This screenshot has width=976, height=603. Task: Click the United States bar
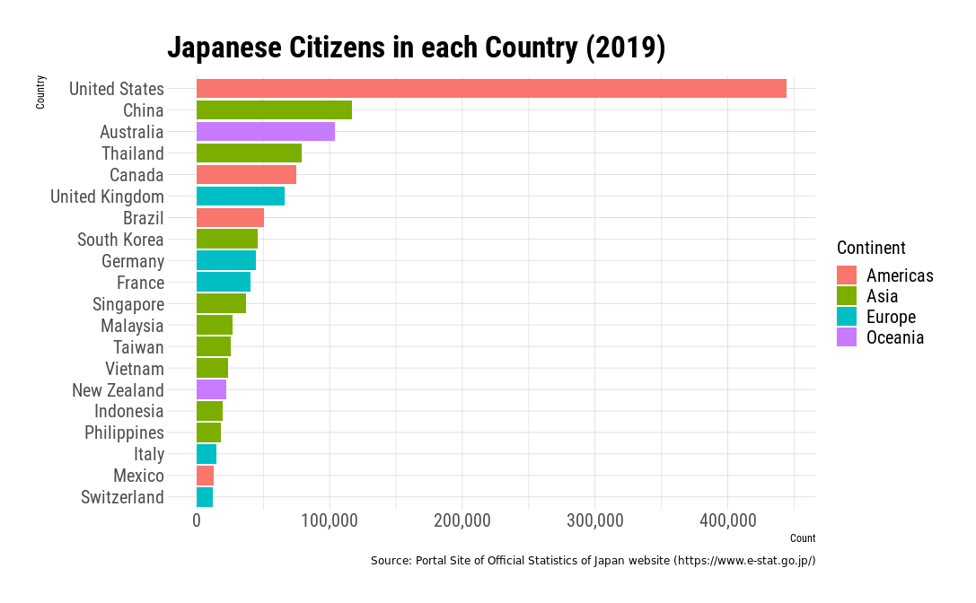(x=491, y=89)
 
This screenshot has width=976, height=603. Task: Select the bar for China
(x=274, y=110)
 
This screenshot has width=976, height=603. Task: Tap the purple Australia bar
(x=266, y=132)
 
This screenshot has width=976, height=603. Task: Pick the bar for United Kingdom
(x=241, y=197)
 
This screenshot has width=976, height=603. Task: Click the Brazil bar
(x=230, y=218)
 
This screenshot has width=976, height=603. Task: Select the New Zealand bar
(x=211, y=390)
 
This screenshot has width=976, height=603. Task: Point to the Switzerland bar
(x=205, y=497)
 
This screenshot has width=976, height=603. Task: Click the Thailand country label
(x=132, y=153)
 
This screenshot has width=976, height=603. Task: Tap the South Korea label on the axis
(x=120, y=240)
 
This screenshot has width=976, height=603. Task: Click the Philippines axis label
(x=124, y=433)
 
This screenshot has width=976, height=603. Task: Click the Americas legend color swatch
(x=847, y=275)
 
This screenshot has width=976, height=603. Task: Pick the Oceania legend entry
(x=894, y=337)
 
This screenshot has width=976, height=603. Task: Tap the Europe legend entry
(x=891, y=317)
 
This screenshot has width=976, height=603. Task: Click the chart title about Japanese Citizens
(x=416, y=48)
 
